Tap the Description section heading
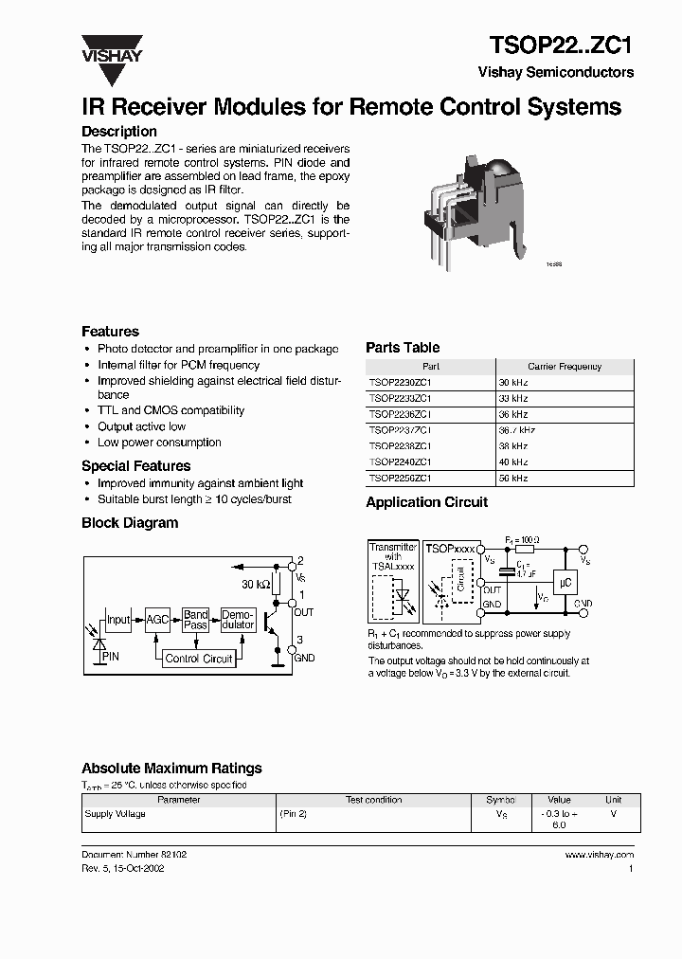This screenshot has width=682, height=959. point(118,132)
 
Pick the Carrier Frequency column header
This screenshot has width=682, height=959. point(564,366)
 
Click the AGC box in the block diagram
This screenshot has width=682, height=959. point(156,620)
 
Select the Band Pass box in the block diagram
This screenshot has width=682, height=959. point(196,620)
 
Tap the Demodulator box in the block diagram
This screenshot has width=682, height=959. point(238,620)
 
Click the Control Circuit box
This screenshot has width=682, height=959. point(198,659)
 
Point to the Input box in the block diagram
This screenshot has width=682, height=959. point(118,620)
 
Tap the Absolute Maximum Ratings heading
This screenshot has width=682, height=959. point(171,769)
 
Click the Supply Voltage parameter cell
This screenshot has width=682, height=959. point(116,814)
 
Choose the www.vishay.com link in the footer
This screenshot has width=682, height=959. point(599,855)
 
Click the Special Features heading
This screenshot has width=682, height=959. point(135,466)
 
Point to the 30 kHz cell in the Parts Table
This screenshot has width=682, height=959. point(512,382)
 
